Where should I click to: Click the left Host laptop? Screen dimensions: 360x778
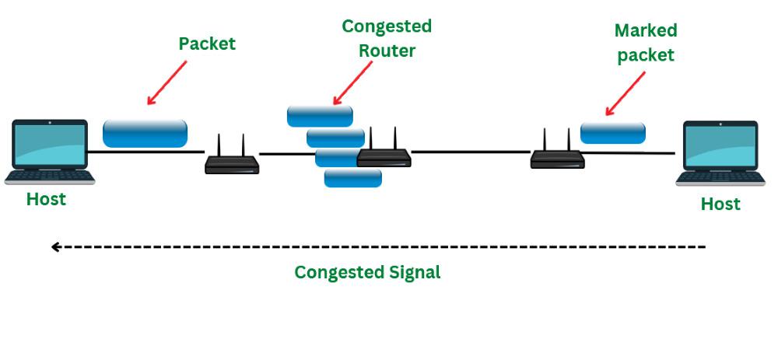click(x=50, y=151)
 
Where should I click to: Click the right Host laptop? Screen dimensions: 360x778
click(x=720, y=152)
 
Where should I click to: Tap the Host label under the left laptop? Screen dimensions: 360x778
click(x=46, y=199)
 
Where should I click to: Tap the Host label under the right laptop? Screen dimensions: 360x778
click(x=720, y=204)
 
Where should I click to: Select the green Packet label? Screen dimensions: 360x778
click(x=207, y=44)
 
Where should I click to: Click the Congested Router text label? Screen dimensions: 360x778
click(x=387, y=38)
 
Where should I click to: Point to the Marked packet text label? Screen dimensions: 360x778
click(x=645, y=42)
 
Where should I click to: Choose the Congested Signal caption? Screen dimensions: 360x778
click(x=367, y=272)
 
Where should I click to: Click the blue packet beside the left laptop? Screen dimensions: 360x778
click(x=145, y=133)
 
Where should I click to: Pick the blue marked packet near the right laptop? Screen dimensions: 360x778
click(x=613, y=132)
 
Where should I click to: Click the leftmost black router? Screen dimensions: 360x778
click(x=232, y=161)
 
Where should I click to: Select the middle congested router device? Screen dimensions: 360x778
click(x=384, y=155)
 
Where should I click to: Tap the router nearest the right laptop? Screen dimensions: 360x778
click(x=557, y=156)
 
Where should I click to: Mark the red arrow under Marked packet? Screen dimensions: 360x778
click(x=626, y=94)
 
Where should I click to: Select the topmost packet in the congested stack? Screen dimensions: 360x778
click(x=320, y=116)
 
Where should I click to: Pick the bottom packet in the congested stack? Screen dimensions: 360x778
click(x=352, y=179)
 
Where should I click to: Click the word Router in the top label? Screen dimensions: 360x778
click(x=387, y=51)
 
